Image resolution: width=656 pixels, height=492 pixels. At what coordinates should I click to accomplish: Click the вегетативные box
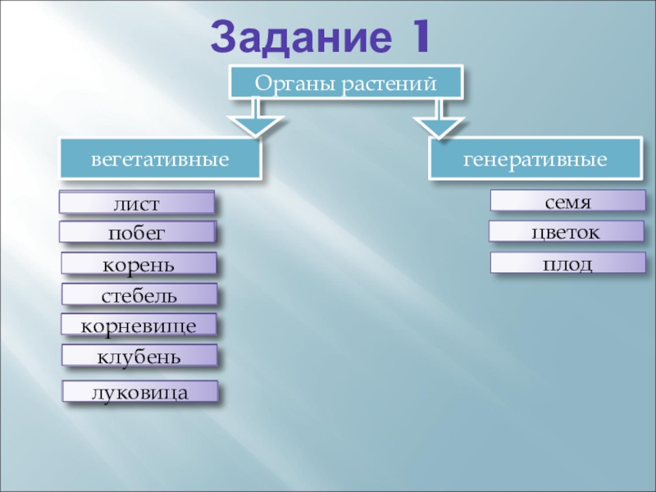[x=160, y=158]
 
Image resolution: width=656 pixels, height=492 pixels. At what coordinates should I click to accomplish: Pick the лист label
[x=137, y=203]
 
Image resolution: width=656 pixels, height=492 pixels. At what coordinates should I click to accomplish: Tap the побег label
[x=137, y=233]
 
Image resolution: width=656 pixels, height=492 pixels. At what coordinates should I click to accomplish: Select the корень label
[x=139, y=264]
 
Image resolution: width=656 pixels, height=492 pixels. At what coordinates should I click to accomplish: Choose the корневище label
[x=139, y=326]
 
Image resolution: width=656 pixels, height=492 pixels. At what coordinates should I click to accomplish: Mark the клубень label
[x=140, y=356]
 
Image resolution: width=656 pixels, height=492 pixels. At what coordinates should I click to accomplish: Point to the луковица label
[x=141, y=392]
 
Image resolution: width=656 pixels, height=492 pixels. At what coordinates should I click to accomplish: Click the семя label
[x=567, y=201]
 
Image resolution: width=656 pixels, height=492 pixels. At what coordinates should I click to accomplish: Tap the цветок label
[x=567, y=232]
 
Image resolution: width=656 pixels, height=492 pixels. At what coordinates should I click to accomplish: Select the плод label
[x=567, y=263]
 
